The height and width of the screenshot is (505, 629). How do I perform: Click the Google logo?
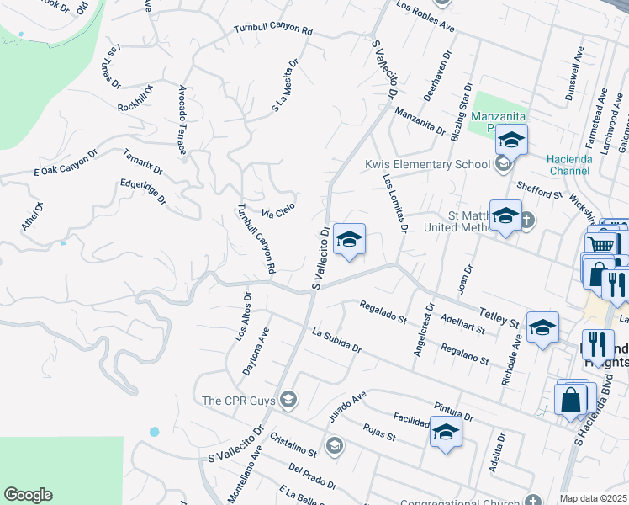(28, 495)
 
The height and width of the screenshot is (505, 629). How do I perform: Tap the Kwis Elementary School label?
(427, 164)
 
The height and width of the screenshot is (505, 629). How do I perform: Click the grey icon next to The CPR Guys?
(289, 398)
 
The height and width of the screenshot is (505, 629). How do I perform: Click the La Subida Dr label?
(336, 342)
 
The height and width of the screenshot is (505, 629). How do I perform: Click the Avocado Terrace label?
(182, 120)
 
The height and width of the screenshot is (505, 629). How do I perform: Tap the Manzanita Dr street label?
(419, 122)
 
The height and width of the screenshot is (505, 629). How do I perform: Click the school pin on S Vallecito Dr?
(349, 240)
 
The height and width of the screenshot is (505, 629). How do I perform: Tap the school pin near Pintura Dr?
(446, 433)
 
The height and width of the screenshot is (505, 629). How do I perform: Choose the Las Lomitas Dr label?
(395, 204)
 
